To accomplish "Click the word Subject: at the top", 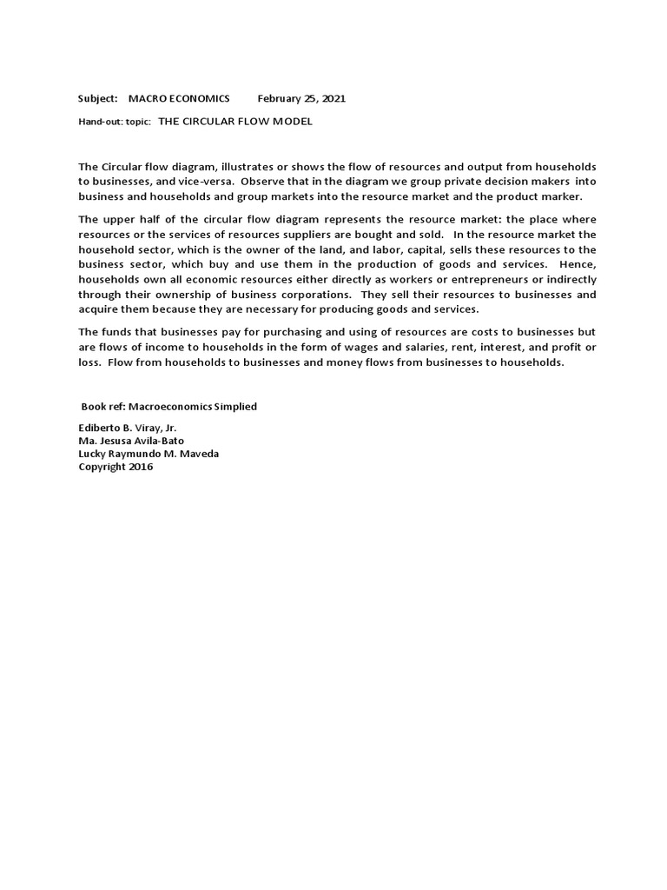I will (97, 99).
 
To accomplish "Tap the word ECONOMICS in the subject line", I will (198, 99).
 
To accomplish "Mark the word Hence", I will (578, 264).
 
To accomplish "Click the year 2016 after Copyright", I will (141, 467).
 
